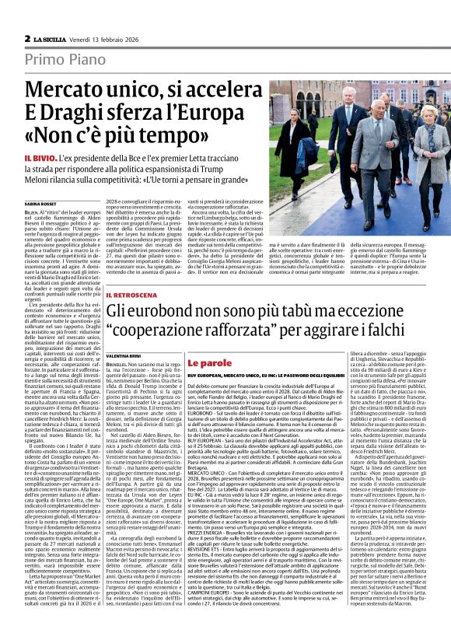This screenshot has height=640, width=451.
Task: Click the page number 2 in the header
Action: pos(27,38)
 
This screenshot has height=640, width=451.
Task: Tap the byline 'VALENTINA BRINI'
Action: pos(126,351)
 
